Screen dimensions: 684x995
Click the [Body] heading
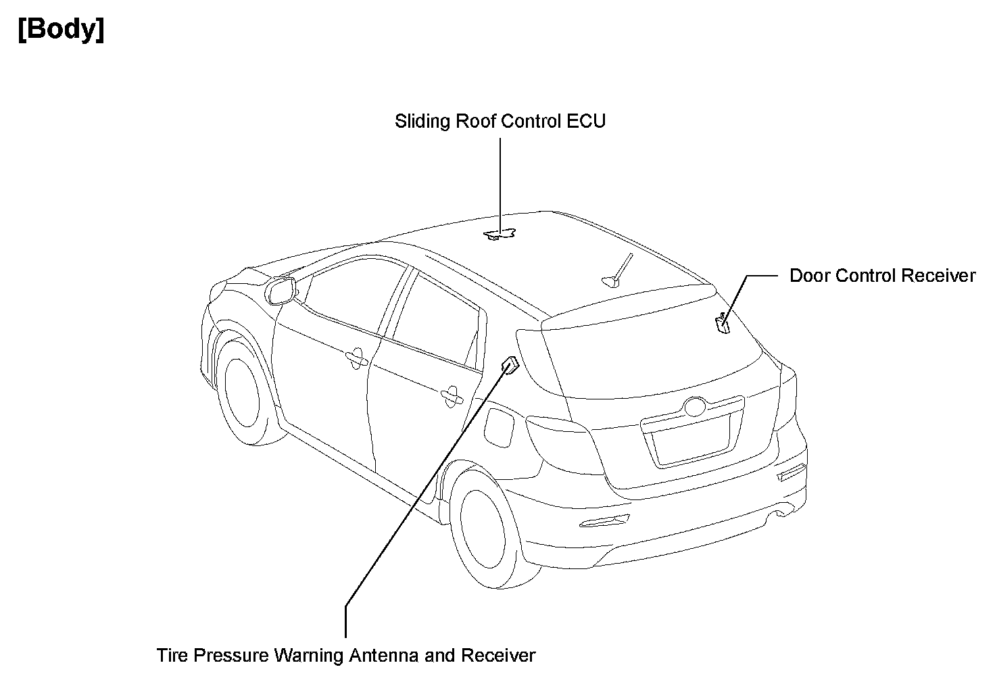(x=62, y=30)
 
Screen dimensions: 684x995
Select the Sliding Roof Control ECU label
(x=500, y=122)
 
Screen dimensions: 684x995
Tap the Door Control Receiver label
(x=882, y=276)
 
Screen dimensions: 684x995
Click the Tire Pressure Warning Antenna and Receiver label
(x=345, y=656)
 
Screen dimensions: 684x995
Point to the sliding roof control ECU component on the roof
(x=500, y=234)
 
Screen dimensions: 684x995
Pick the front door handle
(x=355, y=359)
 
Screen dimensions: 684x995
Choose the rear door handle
(x=449, y=397)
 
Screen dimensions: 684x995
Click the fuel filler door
(x=502, y=426)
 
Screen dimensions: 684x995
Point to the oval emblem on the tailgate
(x=694, y=408)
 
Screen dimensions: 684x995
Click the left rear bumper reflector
(x=604, y=521)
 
